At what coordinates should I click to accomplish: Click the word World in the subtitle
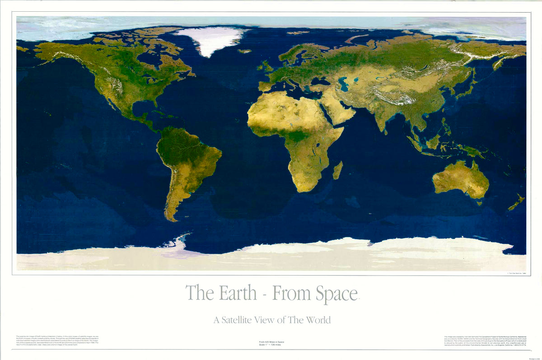click(318, 320)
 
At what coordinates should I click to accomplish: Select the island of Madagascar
click(337, 170)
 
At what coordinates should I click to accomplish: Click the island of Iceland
click(244, 51)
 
